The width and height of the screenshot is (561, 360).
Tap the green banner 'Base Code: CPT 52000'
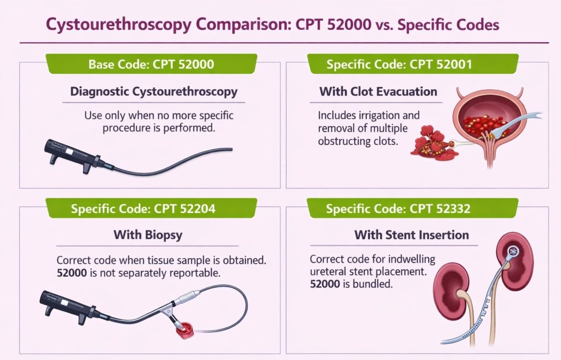(151, 64)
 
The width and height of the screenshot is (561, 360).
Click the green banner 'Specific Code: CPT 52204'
(151, 208)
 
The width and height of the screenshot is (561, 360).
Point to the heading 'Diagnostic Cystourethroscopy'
(154, 91)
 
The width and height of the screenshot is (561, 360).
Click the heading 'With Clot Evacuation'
(379, 91)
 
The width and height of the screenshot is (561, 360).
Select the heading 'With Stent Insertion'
(411, 235)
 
